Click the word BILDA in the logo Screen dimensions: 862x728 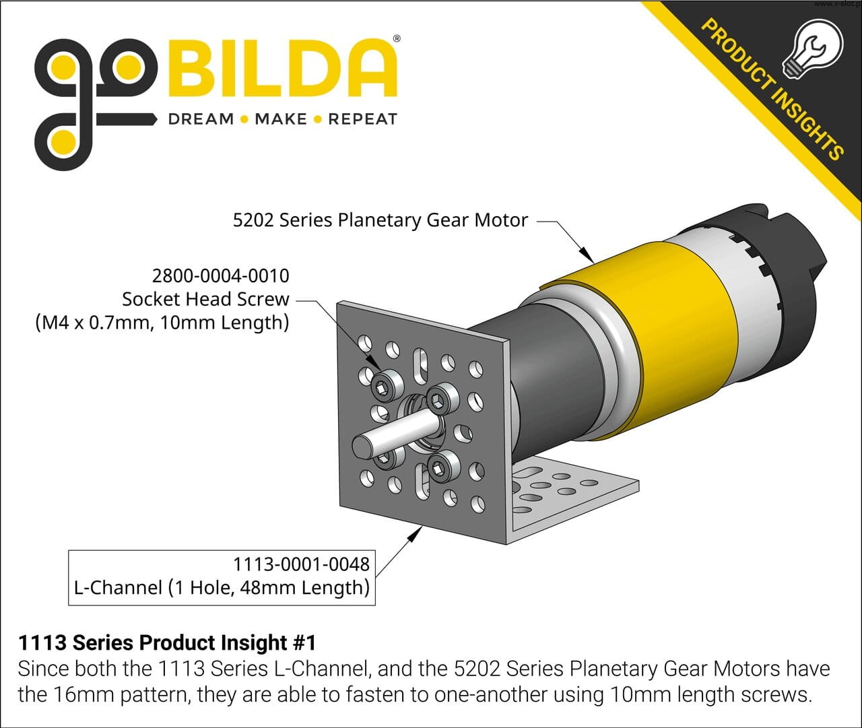click(x=283, y=69)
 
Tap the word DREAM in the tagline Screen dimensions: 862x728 click(x=201, y=119)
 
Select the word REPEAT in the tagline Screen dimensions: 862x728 click(x=362, y=119)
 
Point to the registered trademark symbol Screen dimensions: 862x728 click(x=397, y=39)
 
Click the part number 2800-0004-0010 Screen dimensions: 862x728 click(x=221, y=276)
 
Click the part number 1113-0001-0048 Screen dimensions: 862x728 click(x=302, y=564)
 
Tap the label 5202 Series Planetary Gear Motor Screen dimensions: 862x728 click(x=380, y=220)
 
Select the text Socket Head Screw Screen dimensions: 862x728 click(x=205, y=299)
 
